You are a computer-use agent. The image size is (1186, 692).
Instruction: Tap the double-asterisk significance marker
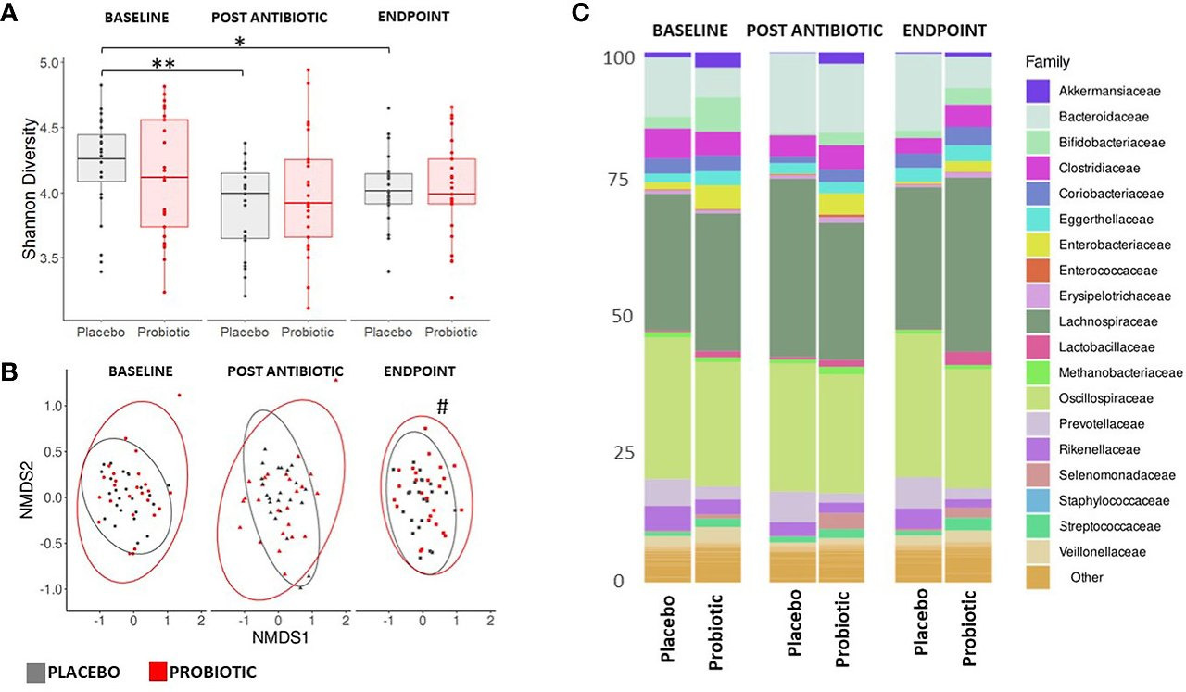point(163,64)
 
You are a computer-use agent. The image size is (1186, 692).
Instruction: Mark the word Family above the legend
point(1047,62)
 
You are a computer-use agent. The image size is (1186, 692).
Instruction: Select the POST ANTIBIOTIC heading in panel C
point(814,29)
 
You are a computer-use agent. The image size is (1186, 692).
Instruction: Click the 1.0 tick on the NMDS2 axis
point(49,406)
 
